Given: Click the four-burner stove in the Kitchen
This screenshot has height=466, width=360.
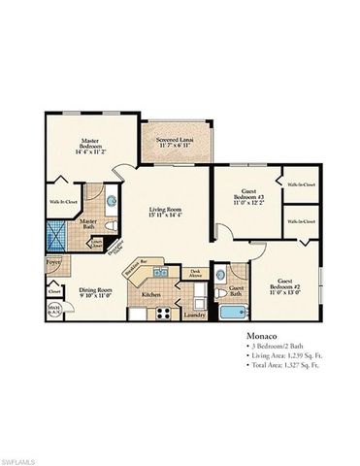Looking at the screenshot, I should (x=165, y=313).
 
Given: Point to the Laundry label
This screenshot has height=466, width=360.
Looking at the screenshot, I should (x=194, y=315).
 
